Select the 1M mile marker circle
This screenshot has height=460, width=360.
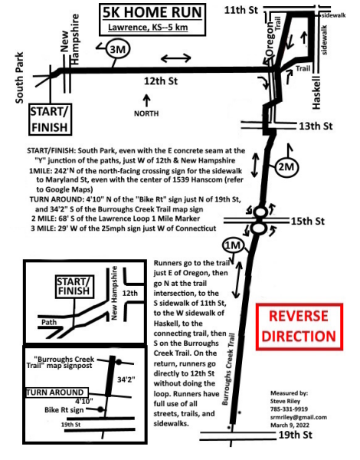pyautogui.click(x=233, y=245)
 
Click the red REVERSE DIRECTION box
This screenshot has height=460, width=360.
pyautogui.click(x=299, y=327)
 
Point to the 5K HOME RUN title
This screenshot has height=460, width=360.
pyautogui.click(x=152, y=12)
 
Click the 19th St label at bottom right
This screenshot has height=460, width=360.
pyautogui.click(x=295, y=435)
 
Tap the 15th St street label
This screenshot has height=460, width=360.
pyautogui.click(x=307, y=221)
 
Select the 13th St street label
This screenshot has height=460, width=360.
pyautogui.click(x=316, y=127)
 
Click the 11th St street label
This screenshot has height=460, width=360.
pyautogui.click(x=241, y=10)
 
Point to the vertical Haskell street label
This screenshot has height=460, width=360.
pyautogui.click(x=316, y=93)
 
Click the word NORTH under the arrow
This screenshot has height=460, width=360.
pyautogui.click(x=146, y=113)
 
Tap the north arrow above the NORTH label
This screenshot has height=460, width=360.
pyautogui.click(x=146, y=100)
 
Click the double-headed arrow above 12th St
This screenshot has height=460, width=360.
pyautogui.click(x=176, y=58)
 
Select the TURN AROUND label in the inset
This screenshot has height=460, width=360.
pyautogui.click(x=55, y=393)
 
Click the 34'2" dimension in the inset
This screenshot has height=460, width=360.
pyautogui.click(x=126, y=379)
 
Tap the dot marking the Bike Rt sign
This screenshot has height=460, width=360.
pyautogui.click(x=100, y=409)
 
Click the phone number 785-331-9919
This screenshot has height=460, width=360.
pyautogui.click(x=289, y=409)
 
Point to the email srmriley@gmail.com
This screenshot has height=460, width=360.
pyautogui.click(x=299, y=417)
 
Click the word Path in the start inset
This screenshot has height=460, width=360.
pyautogui.click(x=49, y=322)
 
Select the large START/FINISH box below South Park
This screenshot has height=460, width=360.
pyautogui.click(x=50, y=120)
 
